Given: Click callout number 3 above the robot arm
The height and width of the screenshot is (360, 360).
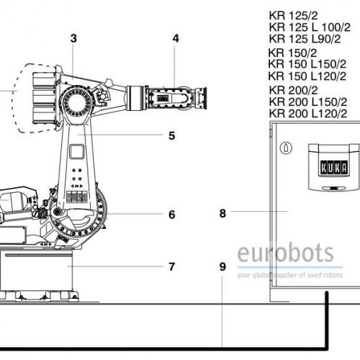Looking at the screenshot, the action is pyautogui.click(x=73, y=38).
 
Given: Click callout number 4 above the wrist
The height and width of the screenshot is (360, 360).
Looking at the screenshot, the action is pyautogui.click(x=176, y=38).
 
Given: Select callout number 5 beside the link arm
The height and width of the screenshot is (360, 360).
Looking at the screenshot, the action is pyautogui.click(x=171, y=135).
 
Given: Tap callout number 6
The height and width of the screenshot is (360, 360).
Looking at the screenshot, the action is pyautogui.click(x=172, y=215).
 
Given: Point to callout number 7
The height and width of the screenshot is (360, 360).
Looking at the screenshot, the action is pyautogui.click(x=171, y=266).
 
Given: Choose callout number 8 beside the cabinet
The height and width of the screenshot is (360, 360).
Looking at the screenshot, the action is pyautogui.click(x=222, y=213).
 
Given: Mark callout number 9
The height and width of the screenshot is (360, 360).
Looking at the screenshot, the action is pyautogui.click(x=222, y=266).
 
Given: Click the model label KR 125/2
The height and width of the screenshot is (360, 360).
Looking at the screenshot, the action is pyautogui.click(x=293, y=16).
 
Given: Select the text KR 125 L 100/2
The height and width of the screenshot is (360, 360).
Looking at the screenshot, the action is pyautogui.click(x=310, y=27).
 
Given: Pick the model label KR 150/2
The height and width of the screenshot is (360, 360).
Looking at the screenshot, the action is pyautogui.click(x=292, y=53).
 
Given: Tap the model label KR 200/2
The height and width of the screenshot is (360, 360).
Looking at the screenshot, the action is pyautogui.click(x=293, y=90).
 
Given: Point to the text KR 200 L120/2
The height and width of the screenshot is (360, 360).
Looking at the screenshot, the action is pyautogui.click(x=308, y=114).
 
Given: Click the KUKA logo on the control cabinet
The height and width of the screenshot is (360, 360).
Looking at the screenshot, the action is pyautogui.click(x=334, y=168).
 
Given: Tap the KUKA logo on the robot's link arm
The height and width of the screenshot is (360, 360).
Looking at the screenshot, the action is pyautogui.click(x=76, y=197).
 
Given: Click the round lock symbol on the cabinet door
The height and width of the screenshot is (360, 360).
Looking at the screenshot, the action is pyautogui.click(x=286, y=148).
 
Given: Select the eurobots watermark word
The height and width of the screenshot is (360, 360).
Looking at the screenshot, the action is pyautogui.click(x=285, y=253).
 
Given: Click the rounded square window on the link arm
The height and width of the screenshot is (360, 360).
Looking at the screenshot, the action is pyautogui.click(x=77, y=151).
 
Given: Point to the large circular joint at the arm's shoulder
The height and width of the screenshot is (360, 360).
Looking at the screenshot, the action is pyautogui.click(x=77, y=103).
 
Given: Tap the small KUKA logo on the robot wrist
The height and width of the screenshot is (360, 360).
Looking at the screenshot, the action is pyautogui.click(x=162, y=98).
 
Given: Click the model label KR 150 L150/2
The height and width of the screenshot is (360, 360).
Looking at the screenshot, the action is pyautogui.click(x=307, y=64).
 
